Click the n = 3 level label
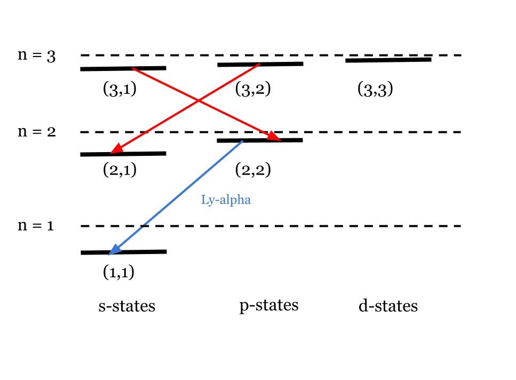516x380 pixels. [36, 56]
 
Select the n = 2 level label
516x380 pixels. [36, 132]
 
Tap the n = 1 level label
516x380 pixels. [36, 226]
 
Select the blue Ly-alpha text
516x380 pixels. [226, 201]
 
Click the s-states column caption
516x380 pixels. [126, 306]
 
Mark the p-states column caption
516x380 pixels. [268, 305]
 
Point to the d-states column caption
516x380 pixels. [387, 306]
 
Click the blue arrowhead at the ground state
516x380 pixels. [113, 250]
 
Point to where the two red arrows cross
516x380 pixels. [199, 100]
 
